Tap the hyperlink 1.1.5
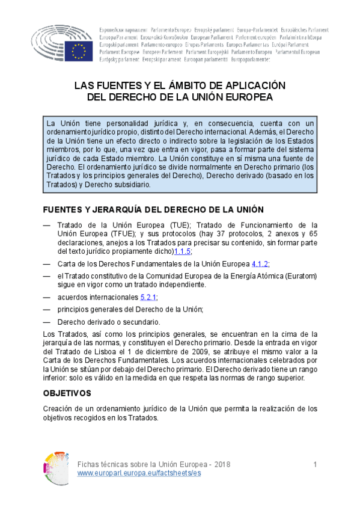coord(183,251)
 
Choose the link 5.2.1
coord(148,297)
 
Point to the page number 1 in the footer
coord(315,465)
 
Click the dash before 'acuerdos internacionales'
coord(47,297)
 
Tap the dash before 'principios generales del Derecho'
coord(47,309)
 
